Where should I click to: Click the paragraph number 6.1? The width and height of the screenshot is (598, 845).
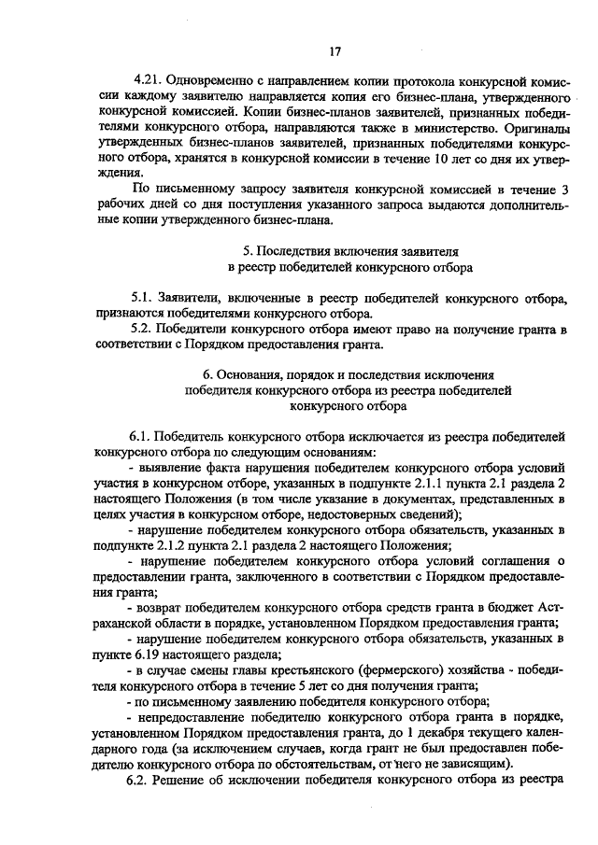pyautogui.click(x=142, y=437)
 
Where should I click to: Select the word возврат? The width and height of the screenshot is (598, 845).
pyautogui.click(x=165, y=607)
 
